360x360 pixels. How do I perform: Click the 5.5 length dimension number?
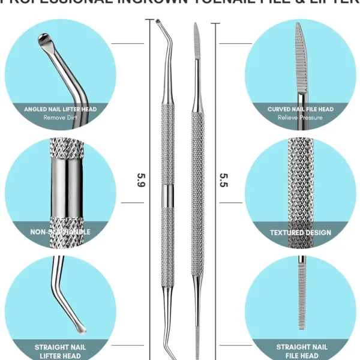223,178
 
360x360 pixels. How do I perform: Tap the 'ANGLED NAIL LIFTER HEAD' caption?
61,110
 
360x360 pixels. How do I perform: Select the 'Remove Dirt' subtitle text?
61,118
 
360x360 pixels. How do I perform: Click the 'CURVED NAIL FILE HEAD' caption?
301,110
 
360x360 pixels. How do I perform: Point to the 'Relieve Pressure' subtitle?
301,118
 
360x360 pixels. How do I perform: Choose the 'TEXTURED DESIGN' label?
301,232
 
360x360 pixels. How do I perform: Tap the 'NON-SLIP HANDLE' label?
61,232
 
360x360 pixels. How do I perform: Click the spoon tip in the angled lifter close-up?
45,40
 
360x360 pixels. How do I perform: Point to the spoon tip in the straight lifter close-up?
78,328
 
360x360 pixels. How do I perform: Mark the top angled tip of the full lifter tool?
158,25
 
